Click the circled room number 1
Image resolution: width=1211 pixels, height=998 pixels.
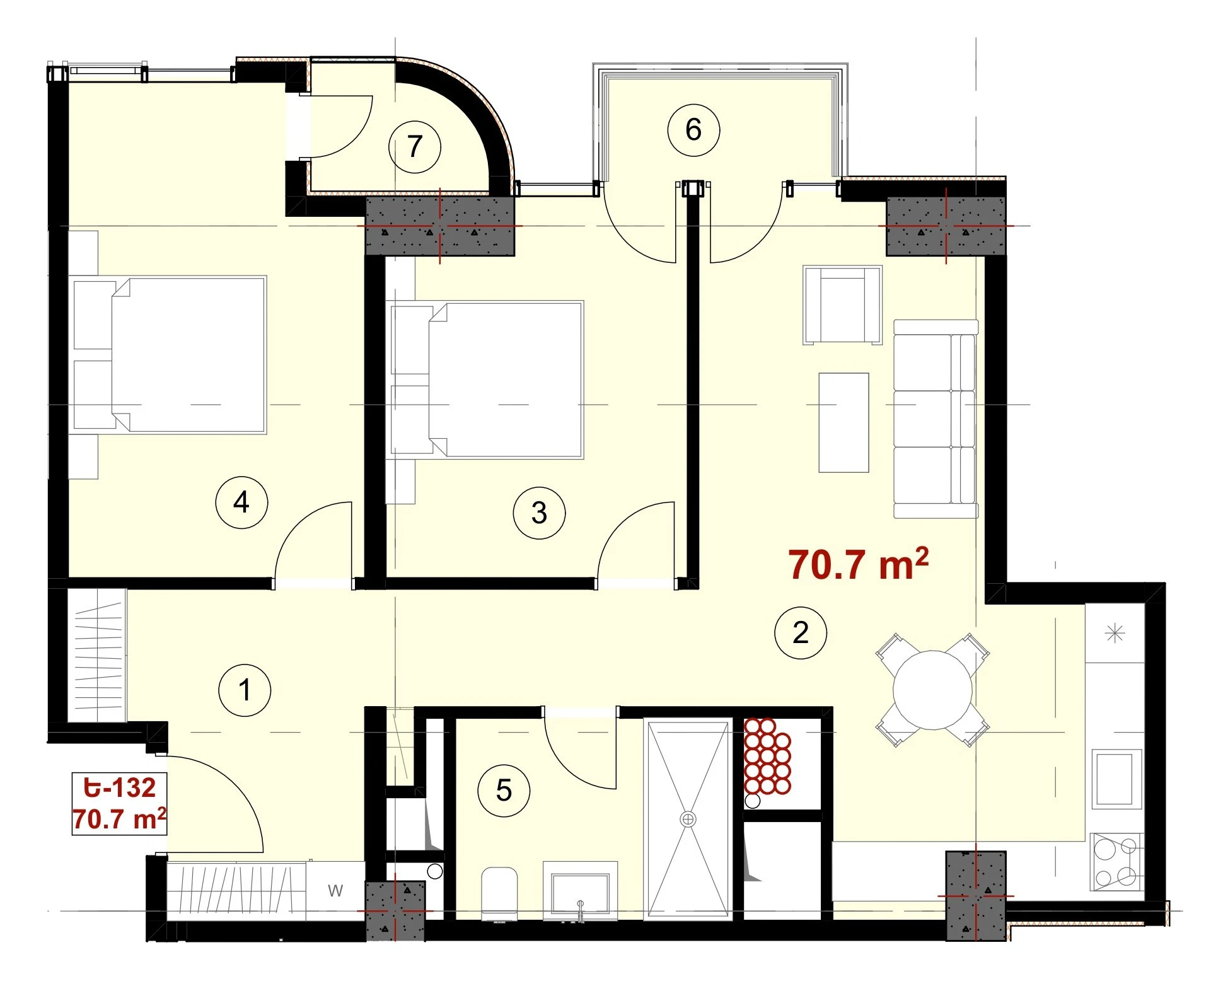tap(245, 690)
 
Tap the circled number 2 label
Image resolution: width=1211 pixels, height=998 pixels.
tap(801, 632)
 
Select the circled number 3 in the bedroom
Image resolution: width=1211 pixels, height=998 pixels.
tap(539, 513)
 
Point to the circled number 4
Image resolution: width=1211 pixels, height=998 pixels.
tap(241, 502)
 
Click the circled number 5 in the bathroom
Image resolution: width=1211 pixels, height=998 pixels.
tap(504, 790)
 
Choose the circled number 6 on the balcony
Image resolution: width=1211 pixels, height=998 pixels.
tap(693, 130)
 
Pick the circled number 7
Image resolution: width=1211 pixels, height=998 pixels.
tap(414, 146)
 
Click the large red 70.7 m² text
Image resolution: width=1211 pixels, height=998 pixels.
tap(858, 564)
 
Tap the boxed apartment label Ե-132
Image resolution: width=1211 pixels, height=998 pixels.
tap(120, 787)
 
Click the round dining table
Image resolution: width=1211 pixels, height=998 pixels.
tap(932, 690)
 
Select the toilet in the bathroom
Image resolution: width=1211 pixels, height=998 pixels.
tap(499, 894)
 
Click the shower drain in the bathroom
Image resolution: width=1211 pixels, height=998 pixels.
tap(688, 819)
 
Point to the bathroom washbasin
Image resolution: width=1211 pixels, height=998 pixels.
tap(580, 891)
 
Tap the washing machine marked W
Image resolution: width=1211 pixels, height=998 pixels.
tap(335, 890)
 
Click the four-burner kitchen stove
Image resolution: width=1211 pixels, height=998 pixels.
tap(1116, 862)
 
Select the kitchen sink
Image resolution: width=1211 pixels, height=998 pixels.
tap(1116, 779)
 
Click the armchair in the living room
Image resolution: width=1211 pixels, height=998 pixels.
tap(842, 305)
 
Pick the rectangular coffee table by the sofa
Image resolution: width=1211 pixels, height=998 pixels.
tap(843, 422)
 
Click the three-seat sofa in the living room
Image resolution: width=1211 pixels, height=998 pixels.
tap(936, 419)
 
